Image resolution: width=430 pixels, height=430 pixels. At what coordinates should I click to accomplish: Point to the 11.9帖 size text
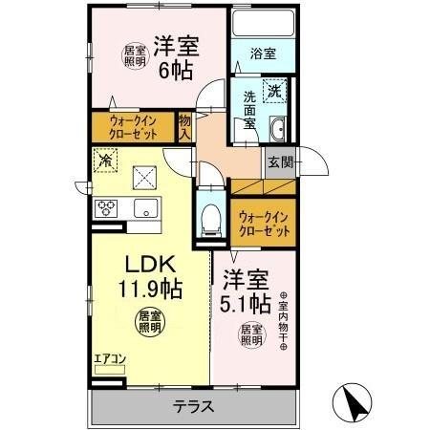[x=148, y=288]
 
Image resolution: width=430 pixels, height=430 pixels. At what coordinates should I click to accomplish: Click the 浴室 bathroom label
[x=263, y=54]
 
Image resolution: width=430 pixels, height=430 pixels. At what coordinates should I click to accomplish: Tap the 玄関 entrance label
[x=278, y=161]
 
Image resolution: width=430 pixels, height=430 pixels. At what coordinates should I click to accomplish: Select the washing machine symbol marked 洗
[x=274, y=93]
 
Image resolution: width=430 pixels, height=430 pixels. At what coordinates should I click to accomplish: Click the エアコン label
[x=108, y=360]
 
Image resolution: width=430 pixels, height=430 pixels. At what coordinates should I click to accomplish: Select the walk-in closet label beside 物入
[x=134, y=127]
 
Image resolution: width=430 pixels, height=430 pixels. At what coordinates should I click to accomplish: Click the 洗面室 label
[x=247, y=109]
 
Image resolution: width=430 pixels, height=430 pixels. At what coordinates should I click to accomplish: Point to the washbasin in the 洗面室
[x=277, y=132]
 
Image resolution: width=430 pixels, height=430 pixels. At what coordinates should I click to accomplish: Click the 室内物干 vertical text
[x=283, y=320]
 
